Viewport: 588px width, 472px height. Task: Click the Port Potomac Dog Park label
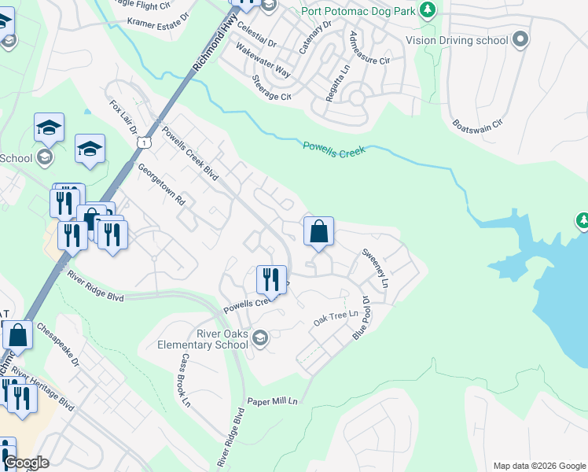[x=358, y=10]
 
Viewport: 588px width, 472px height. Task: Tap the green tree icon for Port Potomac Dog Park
[x=428, y=10]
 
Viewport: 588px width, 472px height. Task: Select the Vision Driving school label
[x=457, y=39]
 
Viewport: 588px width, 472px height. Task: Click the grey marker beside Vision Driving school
[x=519, y=39]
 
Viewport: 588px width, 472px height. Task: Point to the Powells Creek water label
[x=335, y=148]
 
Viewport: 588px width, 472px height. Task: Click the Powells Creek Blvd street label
[x=189, y=154]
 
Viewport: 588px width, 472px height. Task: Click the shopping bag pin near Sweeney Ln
[x=318, y=232]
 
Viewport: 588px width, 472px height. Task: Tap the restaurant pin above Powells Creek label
[x=270, y=279]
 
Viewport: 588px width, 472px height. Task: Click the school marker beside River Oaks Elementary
[x=260, y=338]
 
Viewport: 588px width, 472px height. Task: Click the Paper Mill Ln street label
[x=273, y=401]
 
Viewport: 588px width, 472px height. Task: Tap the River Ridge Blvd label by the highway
[x=95, y=286]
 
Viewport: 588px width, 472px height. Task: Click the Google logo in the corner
[x=26, y=463]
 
